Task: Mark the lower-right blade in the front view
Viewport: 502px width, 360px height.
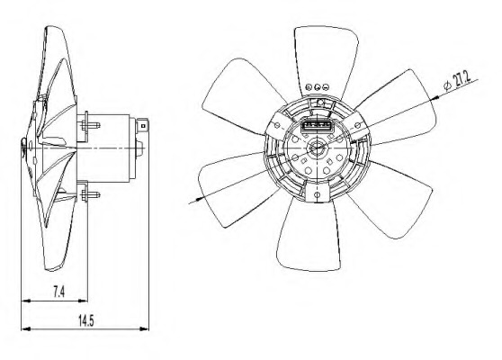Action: (x=382, y=202)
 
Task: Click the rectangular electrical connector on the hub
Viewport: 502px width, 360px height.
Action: (x=316, y=127)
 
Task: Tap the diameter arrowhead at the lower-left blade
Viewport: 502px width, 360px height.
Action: (x=193, y=202)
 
